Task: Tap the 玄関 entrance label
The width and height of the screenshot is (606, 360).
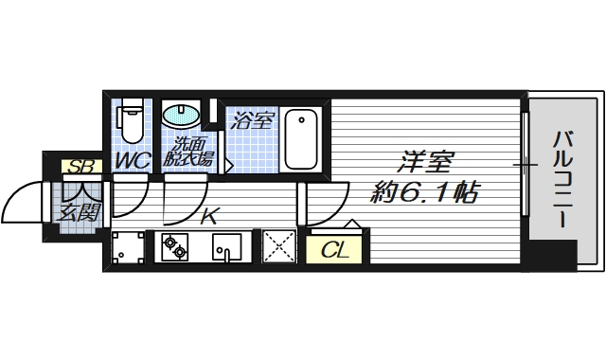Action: click(x=79, y=211)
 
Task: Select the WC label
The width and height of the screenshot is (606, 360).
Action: click(x=133, y=161)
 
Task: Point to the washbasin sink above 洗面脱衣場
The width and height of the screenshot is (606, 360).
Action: click(x=181, y=117)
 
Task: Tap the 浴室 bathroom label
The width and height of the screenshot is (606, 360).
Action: click(x=254, y=121)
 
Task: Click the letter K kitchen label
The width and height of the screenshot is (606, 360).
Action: click(x=209, y=218)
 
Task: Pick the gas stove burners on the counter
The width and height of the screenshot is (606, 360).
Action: click(x=174, y=248)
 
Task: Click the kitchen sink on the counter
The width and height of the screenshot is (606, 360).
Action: click(x=228, y=250)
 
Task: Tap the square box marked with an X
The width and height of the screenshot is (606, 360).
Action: click(x=279, y=248)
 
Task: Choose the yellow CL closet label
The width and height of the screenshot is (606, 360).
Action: click(x=332, y=251)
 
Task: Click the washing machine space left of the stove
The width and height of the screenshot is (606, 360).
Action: click(x=127, y=248)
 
